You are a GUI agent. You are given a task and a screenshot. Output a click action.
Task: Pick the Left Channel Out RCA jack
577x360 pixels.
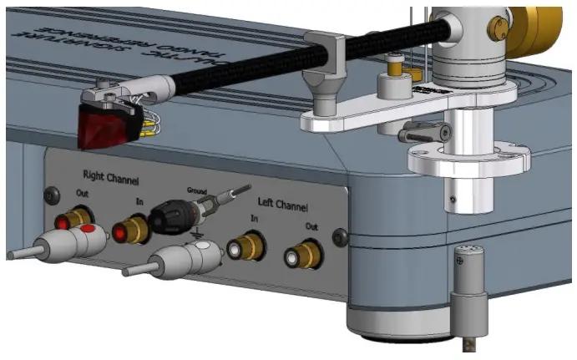300,256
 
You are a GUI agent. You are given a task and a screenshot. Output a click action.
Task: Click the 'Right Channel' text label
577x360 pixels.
109,177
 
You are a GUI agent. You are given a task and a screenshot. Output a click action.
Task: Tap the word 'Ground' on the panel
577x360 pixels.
197,190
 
